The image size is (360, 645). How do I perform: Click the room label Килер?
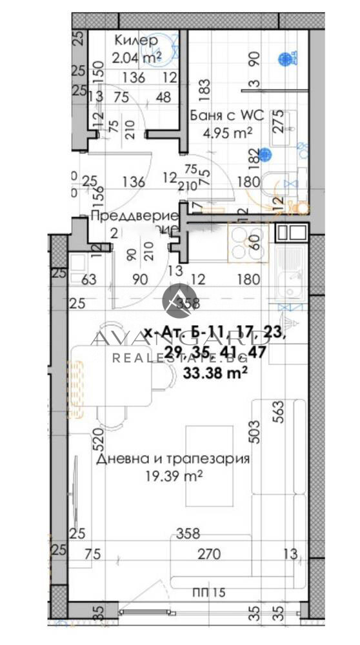tap(135, 41)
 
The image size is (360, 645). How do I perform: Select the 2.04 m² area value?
tap(136, 57)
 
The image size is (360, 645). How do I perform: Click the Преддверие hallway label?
tap(134, 215)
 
